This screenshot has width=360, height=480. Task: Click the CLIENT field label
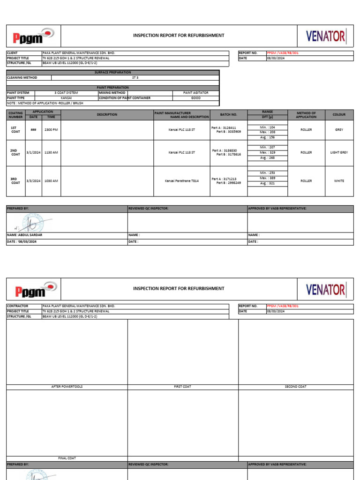(12, 53)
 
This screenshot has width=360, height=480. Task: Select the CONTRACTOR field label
(17, 306)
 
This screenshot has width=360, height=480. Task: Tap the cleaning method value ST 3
(135, 78)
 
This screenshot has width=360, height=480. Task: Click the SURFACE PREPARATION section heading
(113, 73)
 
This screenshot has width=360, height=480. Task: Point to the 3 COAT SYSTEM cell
(66, 93)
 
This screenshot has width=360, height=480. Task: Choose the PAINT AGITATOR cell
(196, 93)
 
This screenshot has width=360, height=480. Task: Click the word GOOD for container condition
(196, 98)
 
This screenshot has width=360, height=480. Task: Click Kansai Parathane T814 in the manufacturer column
(182, 181)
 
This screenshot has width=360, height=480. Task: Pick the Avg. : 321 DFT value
(267, 183)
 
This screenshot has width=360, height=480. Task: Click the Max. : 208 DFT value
(267, 132)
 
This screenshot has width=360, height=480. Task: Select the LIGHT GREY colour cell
(339, 152)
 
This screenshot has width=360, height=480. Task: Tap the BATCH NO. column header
(229, 114)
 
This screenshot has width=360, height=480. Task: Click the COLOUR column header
(339, 114)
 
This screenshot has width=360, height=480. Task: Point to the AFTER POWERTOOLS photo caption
(67, 387)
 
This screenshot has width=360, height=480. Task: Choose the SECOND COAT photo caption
(296, 387)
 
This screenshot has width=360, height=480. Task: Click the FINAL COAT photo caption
(67, 458)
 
